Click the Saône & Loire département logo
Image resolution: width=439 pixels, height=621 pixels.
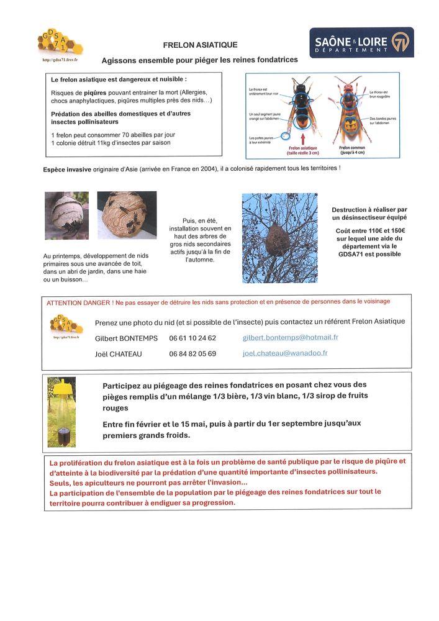coord(361,43)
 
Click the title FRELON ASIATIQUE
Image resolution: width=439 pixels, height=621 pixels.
coord(200,45)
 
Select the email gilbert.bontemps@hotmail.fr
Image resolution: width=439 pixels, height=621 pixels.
coord(290,337)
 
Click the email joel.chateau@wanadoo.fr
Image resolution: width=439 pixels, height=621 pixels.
coord(285,353)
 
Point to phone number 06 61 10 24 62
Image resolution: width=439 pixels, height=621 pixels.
coord(192,338)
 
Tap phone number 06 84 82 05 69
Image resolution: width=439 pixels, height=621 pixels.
coord(192,353)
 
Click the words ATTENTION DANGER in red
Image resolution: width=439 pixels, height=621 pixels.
coord(79,302)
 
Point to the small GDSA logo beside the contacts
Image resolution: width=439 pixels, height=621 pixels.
coord(65,326)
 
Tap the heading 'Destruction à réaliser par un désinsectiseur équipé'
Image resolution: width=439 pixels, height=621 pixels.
coord(369,214)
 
